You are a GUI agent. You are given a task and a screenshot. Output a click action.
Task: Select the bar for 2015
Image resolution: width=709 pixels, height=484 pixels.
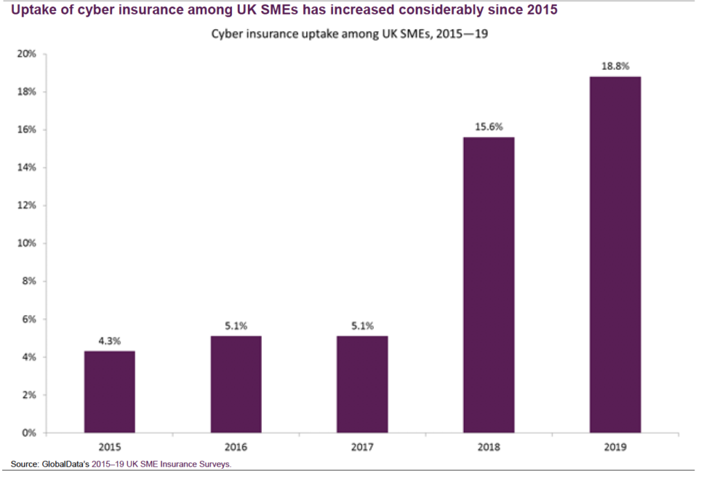(x=109, y=392)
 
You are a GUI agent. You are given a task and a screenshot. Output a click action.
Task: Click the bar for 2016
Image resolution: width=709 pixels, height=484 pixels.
(x=236, y=384)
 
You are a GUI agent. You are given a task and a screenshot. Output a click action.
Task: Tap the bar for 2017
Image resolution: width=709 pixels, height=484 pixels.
(x=362, y=384)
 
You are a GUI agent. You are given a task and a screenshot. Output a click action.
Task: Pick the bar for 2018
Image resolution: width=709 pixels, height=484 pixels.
(x=489, y=285)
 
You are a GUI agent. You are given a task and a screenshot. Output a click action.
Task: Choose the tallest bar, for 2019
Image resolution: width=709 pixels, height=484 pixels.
(x=615, y=255)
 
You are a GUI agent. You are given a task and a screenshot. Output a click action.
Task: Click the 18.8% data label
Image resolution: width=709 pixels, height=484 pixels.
(x=615, y=67)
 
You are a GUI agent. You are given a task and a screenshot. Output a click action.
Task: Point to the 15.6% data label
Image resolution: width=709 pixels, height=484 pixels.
(x=489, y=127)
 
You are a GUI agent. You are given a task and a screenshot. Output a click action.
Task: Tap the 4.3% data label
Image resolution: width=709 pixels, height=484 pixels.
(x=109, y=341)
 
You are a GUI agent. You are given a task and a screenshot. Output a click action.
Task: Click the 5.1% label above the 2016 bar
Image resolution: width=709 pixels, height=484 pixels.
(x=236, y=326)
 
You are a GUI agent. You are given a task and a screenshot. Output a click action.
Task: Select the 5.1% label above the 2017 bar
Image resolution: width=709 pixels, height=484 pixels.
(x=362, y=326)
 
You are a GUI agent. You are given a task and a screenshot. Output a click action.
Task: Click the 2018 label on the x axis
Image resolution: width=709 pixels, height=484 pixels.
(x=489, y=447)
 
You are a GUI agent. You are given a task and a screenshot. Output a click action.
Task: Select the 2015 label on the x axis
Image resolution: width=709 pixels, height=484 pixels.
(x=109, y=447)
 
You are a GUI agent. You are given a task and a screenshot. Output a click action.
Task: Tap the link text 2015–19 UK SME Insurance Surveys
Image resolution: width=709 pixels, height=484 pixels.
(x=161, y=464)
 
